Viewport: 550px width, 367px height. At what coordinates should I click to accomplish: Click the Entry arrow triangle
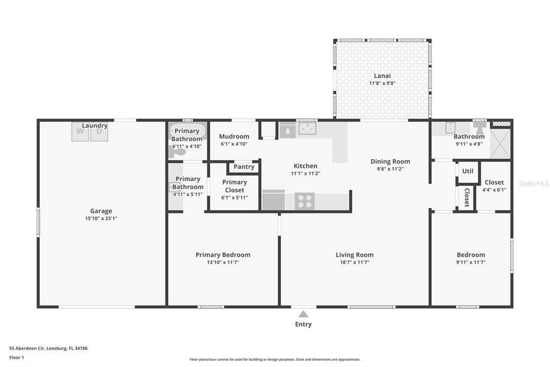click(x=303, y=314)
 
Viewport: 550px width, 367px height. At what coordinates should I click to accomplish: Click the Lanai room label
click(x=382, y=75)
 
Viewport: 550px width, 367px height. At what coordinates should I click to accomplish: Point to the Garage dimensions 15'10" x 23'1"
click(x=101, y=218)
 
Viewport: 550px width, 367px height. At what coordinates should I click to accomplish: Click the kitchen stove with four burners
click(x=305, y=201)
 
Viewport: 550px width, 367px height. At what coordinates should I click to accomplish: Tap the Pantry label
click(x=244, y=167)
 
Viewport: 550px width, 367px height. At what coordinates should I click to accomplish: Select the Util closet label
click(x=468, y=171)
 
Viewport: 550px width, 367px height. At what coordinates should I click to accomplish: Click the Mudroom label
click(x=234, y=136)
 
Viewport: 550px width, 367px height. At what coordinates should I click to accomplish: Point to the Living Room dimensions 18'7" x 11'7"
click(x=354, y=262)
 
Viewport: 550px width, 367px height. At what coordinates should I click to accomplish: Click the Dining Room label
click(x=390, y=161)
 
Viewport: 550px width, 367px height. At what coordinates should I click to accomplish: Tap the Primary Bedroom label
click(x=223, y=255)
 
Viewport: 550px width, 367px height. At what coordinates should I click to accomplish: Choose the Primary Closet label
click(x=234, y=186)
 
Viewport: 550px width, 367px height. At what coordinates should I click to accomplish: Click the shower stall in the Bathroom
click(x=500, y=144)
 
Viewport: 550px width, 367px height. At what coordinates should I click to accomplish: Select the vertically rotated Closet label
click(x=467, y=197)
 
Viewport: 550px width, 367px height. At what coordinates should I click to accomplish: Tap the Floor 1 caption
click(x=17, y=357)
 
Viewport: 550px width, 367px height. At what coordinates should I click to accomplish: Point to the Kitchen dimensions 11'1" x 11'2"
click(x=306, y=173)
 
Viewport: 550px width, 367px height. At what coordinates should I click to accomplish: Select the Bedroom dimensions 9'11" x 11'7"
click(x=471, y=262)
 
